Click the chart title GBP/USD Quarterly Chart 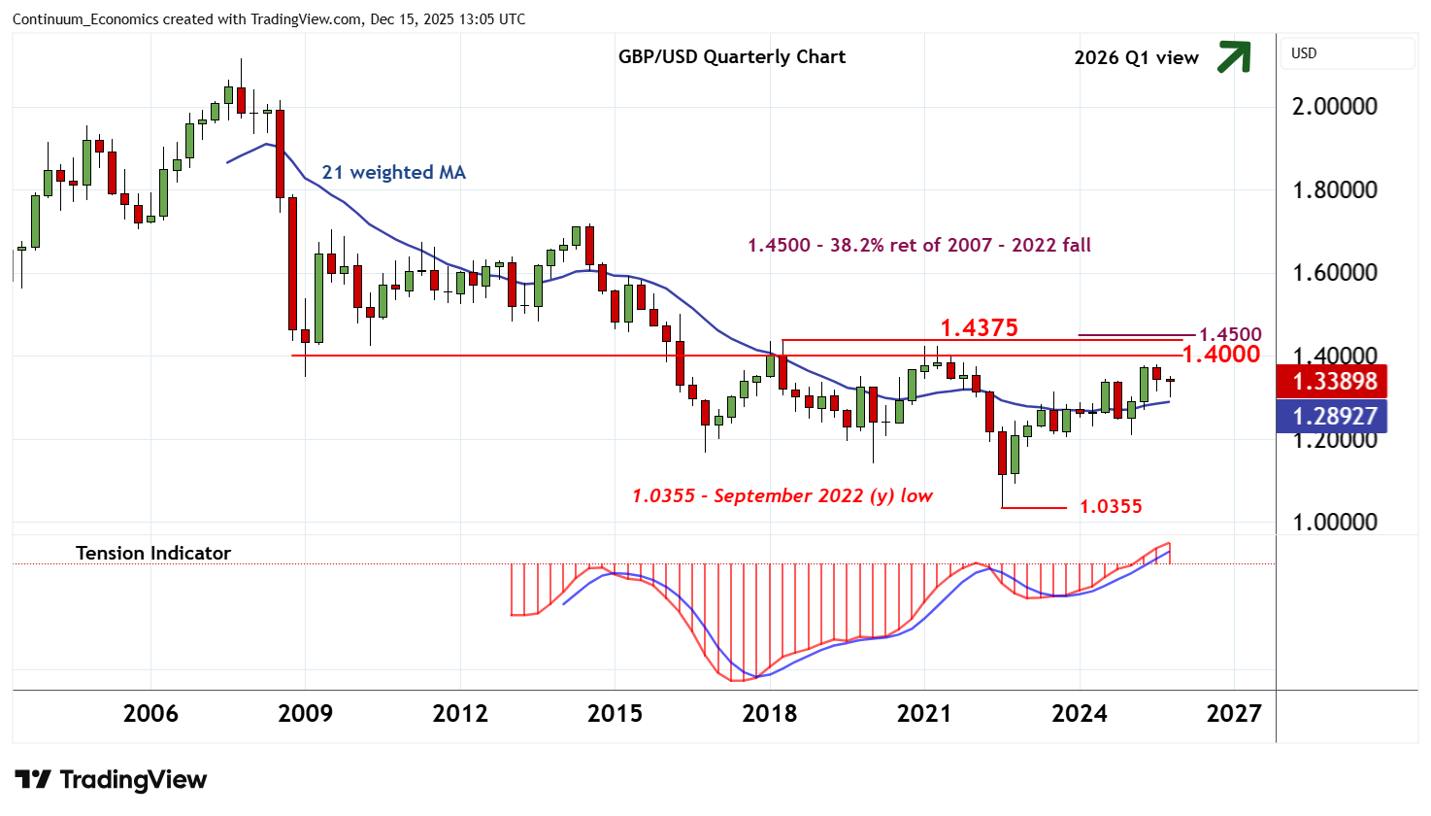732,57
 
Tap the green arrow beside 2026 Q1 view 1233,57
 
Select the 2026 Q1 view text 1136,58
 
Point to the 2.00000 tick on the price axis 1334,107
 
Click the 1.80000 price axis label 1334,190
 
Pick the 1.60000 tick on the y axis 1334,273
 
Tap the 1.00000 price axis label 1334,523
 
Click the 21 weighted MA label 393,173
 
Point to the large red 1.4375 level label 979,328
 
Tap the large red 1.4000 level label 1220,355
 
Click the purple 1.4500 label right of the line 1230,335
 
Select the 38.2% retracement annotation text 918,246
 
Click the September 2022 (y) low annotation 782,496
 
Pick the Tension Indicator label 153,554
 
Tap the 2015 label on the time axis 615,714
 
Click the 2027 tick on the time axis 1233,714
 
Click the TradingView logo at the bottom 111,780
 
